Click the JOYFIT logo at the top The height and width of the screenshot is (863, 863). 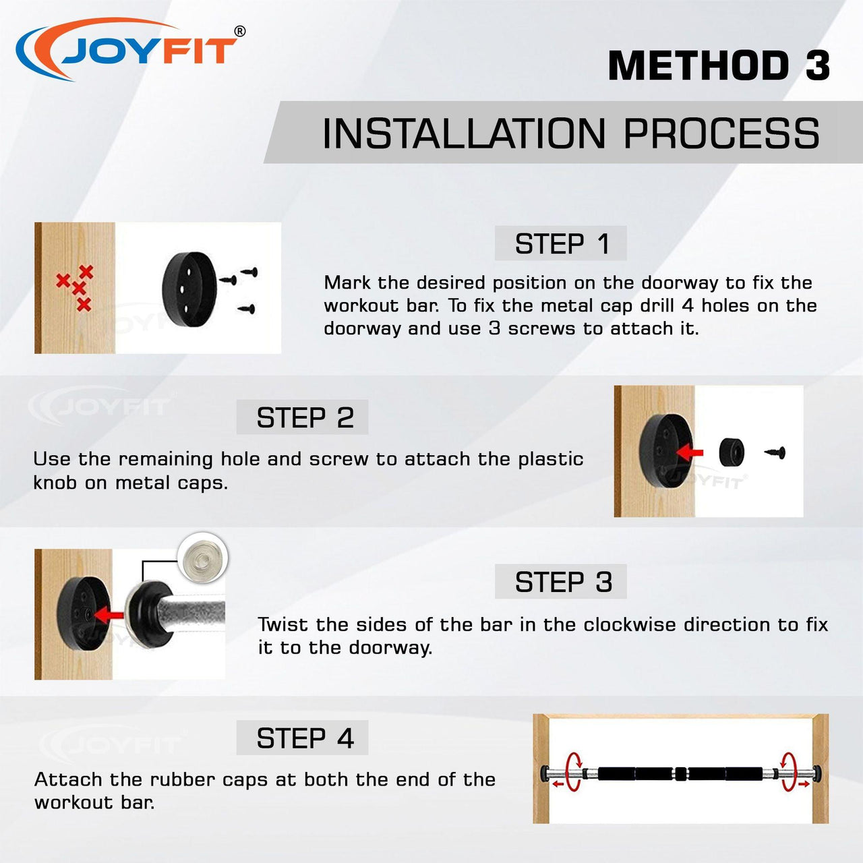(x=130, y=49)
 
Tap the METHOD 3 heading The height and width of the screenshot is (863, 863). (x=719, y=65)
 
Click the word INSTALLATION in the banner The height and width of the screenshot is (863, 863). (x=463, y=133)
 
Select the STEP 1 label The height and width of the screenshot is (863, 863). (x=562, y=243)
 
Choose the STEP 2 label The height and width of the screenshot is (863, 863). (x=305, y=417)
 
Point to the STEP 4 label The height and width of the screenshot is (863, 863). (x=305, y=738)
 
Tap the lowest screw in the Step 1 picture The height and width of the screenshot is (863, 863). (x=247, y=309)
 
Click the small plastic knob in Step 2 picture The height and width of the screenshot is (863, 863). (x=732, y=452)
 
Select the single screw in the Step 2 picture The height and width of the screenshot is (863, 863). (x=775, y=453)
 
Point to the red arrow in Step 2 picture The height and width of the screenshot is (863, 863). (x=690, y=452)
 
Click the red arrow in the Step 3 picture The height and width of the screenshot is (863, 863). (x=109, y=615)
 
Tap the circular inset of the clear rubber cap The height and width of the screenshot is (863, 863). (x=202, y=558)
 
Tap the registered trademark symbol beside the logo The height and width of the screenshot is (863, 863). (x=240, y=31)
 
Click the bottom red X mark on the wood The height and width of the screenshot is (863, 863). (x=84, y=305)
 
